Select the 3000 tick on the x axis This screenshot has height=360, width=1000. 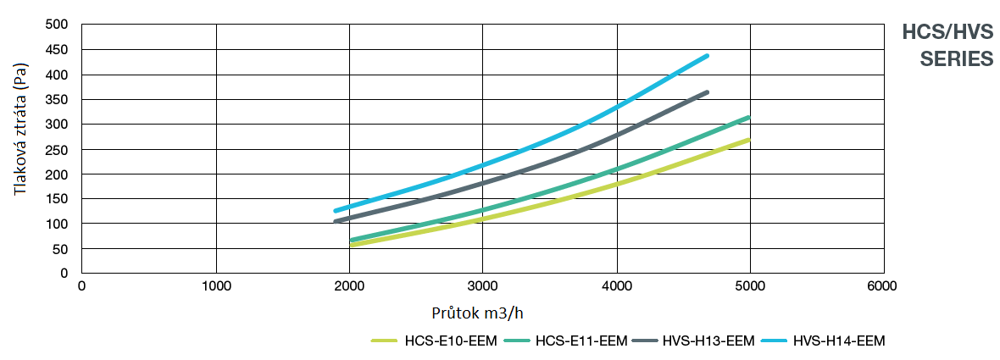(x=482, y=286)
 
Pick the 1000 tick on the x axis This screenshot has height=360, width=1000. (x=215, y=286)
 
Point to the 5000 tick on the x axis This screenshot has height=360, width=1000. (x=749, y=286)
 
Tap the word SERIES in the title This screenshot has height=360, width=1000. (x=957, y=59)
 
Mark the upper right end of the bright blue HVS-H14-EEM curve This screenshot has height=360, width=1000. (x=707, y=56)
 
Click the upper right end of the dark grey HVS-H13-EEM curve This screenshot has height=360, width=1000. (x=707, y=92)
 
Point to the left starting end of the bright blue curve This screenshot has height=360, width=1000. (x=336, y=211)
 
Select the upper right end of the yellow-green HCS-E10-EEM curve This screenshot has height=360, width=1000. (x=748, y=140)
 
